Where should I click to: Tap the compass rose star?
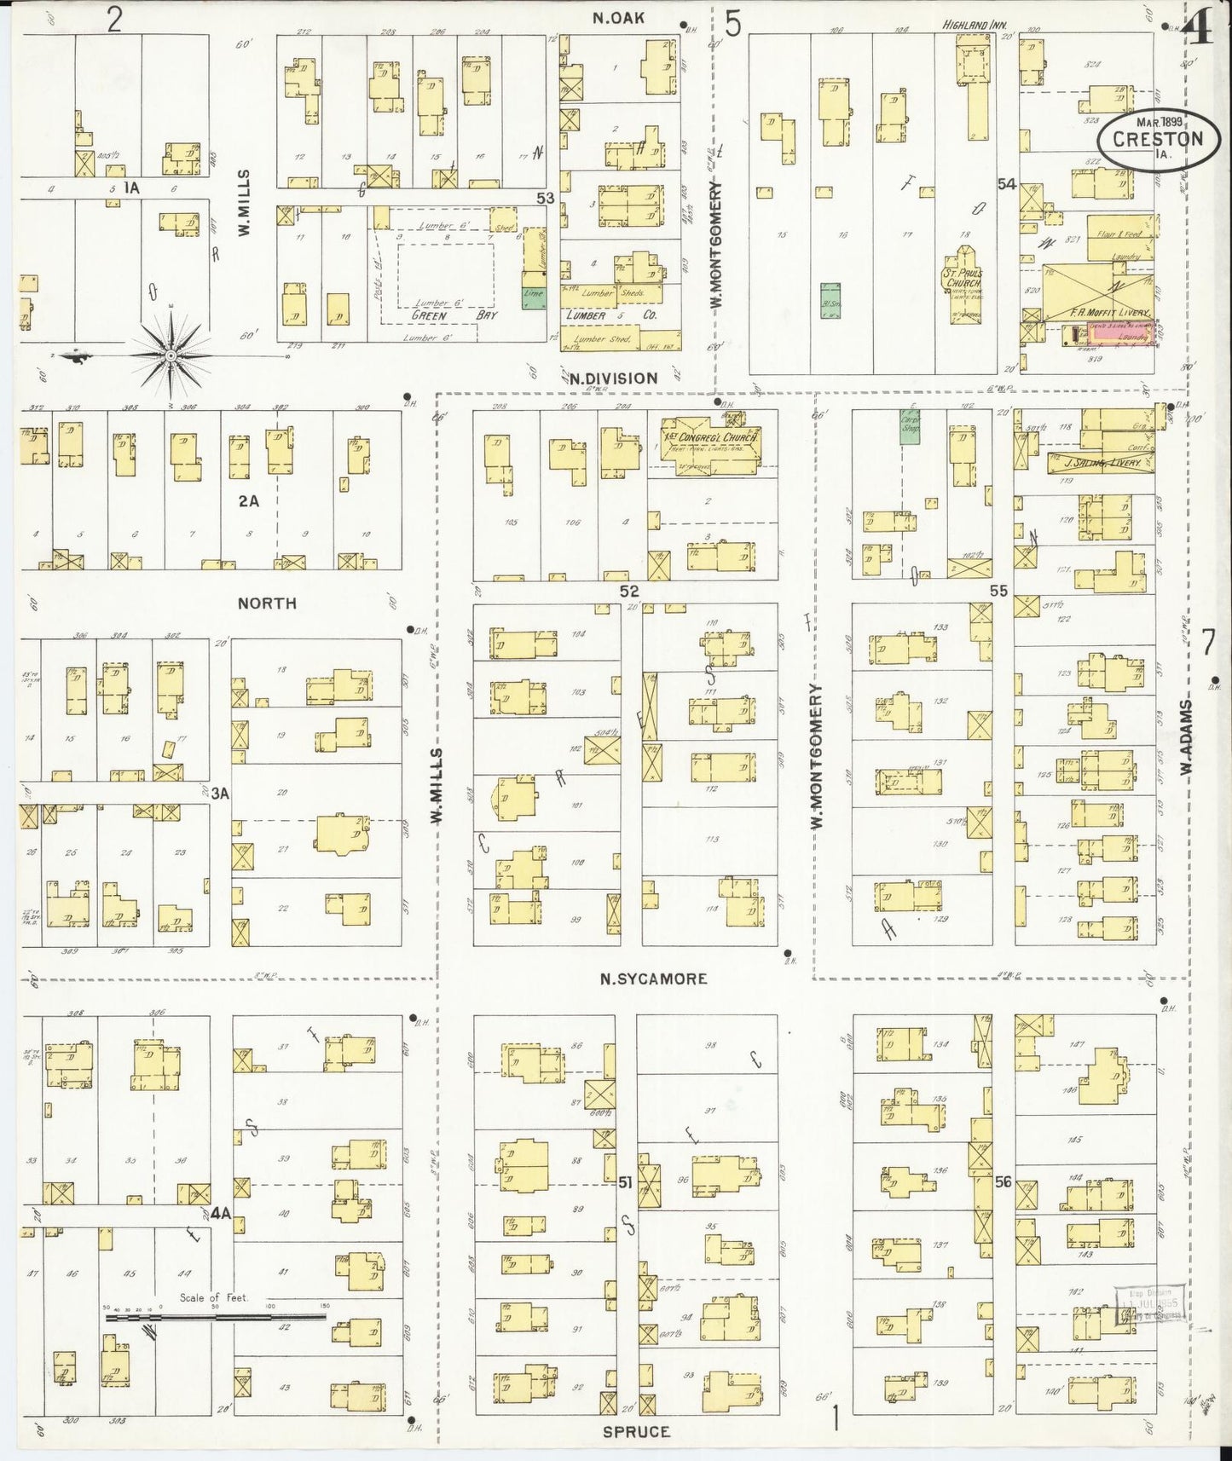tap(171, 354)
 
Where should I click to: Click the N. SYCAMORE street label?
tap(653, 979)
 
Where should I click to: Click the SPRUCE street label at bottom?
tap(636, 1431)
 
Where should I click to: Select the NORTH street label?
tap(267, 603)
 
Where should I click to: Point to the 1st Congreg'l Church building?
tap(709, 439)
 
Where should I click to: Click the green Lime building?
tap(535, 295)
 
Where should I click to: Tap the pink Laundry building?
tap(1118, 337)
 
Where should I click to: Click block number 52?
tap(629, 590)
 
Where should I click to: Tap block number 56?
tap(1003, 1182)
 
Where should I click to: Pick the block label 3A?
tap(220, 794)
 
